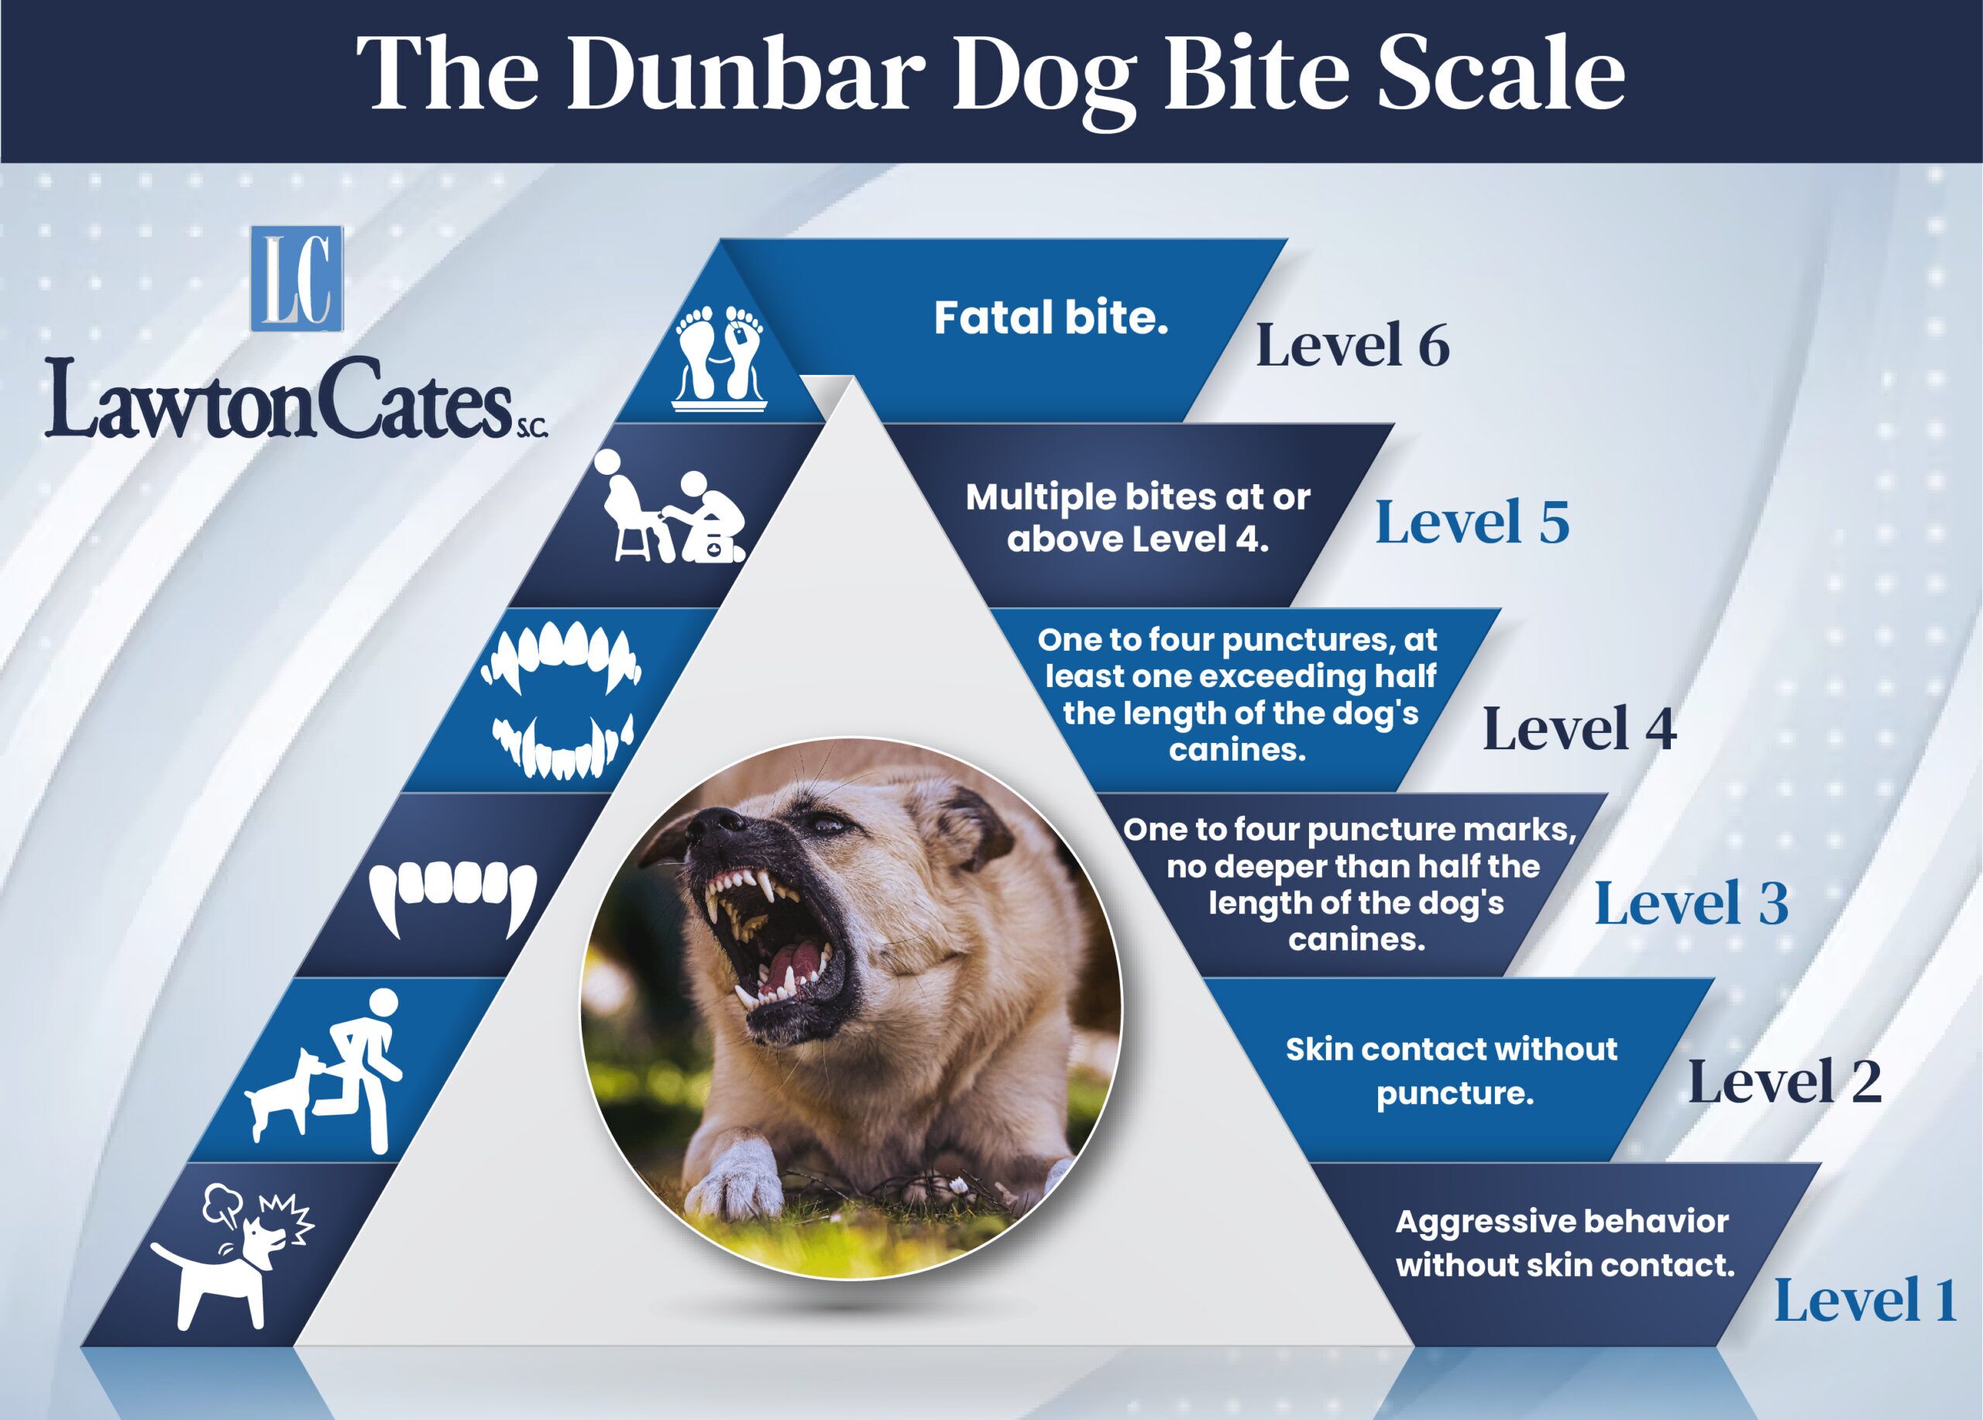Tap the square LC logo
[297, 279]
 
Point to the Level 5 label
[1473, 522]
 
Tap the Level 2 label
[1785, 1081]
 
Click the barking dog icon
[232, 1255]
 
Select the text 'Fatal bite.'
[1051, 318]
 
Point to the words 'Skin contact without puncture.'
[1452, 1071]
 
